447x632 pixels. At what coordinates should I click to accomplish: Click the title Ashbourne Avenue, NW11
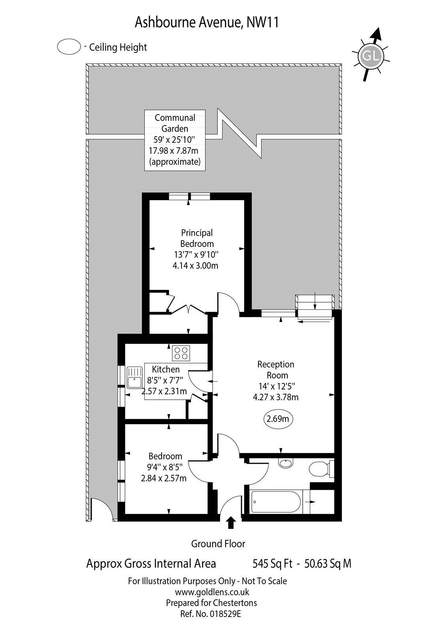[207, 23]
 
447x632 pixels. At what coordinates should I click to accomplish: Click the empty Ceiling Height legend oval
[70, 47]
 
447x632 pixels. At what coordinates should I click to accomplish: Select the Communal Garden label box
[175, 140]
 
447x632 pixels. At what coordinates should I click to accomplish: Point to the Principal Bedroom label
[197, 238]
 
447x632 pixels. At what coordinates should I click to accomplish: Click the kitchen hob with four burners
[181, 352]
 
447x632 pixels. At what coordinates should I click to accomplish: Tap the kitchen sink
[135, 377]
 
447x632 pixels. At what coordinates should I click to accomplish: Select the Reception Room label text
[276, 370]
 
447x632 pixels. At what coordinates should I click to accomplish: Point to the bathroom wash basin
[285, 463]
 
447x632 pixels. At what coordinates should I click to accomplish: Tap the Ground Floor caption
[218, 544]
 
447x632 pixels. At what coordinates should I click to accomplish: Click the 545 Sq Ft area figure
[273, 564]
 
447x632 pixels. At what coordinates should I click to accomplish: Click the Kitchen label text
[166, 369]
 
